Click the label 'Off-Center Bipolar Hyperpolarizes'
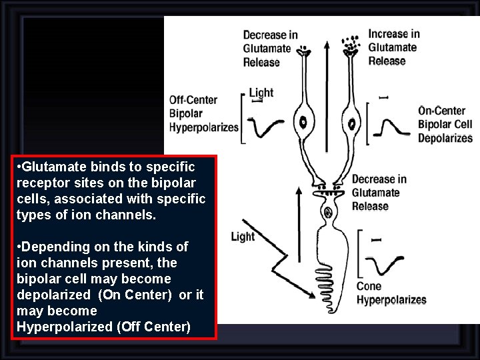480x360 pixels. (x=203, y=113)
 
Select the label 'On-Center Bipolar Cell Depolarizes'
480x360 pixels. (x=445, y=124)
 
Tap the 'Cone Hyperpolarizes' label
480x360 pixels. (x=391, y=293)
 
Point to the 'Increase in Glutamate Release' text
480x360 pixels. (x=393, y=47)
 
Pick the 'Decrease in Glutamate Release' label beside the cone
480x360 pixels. (x=379, y=193)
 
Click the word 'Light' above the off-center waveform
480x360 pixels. (x=261, y=93)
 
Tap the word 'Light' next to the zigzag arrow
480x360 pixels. (x=243, y=236)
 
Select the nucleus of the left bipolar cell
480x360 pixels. (x=303, y=122)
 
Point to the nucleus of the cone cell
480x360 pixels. (x=327, y=213)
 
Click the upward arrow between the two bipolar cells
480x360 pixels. (x=326, y=100)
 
